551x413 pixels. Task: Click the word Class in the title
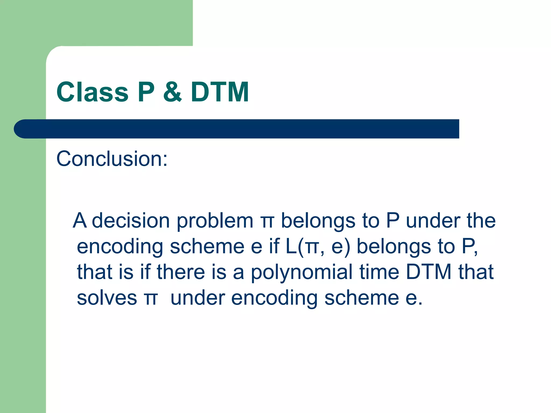pos(93,92)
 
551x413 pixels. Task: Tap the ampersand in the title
pos(172,92)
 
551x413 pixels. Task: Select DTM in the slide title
pos(220,92)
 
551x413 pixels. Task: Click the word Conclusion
pos(112,159)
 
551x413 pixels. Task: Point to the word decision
pos(130,221)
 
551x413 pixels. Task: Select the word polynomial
pos(302,272)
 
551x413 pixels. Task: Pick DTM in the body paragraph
pos(429,272)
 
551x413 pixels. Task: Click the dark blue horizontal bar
pos(237,129)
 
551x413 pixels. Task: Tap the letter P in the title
pos(146,92)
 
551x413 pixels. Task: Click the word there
pos(181,272)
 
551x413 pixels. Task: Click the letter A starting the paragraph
pos(80,221)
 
